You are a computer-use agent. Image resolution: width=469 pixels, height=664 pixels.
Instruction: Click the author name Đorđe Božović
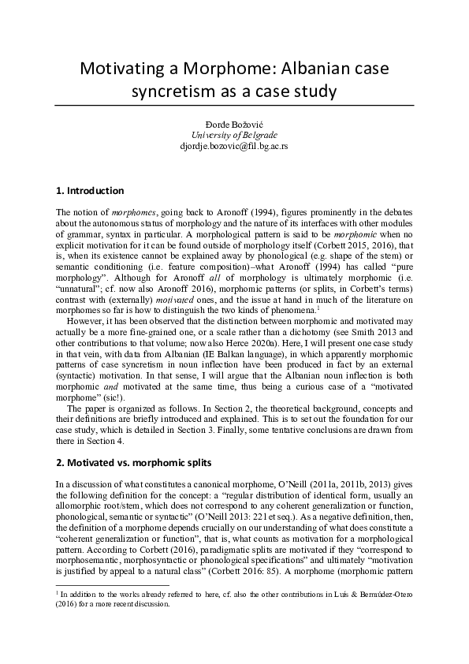(233, 124)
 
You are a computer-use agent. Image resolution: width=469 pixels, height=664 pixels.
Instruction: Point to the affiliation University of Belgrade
(233, 135)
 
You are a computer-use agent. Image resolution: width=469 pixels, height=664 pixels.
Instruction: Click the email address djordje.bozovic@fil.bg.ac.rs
(233, 146)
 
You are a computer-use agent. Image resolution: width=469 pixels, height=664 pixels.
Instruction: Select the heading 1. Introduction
(90, 191)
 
